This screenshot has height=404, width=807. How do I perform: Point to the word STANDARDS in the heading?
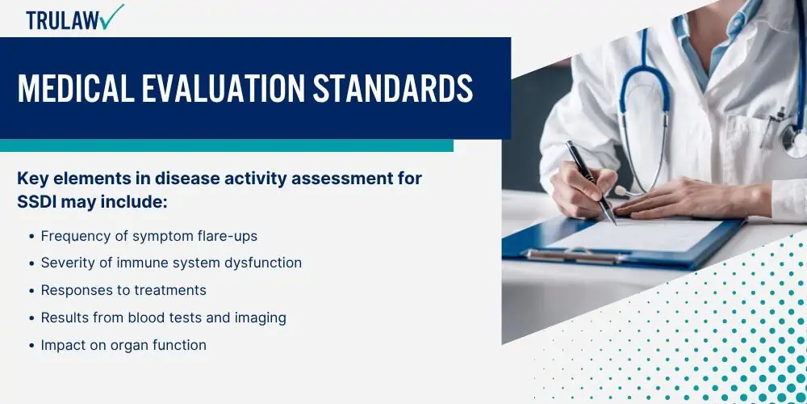click(x=393, y=89)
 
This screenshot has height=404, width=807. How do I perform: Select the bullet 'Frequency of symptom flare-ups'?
click(x=148, y=236)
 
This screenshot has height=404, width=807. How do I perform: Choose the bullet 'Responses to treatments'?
click(x=123, y=290)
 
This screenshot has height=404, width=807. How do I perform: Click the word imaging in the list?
click(x=259, y=318)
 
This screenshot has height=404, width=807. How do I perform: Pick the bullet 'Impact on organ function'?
click(x=123, y=345)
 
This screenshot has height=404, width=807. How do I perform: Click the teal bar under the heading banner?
click(x=226, y=145)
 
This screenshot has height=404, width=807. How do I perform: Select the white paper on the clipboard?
click(x=638, y=234)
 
